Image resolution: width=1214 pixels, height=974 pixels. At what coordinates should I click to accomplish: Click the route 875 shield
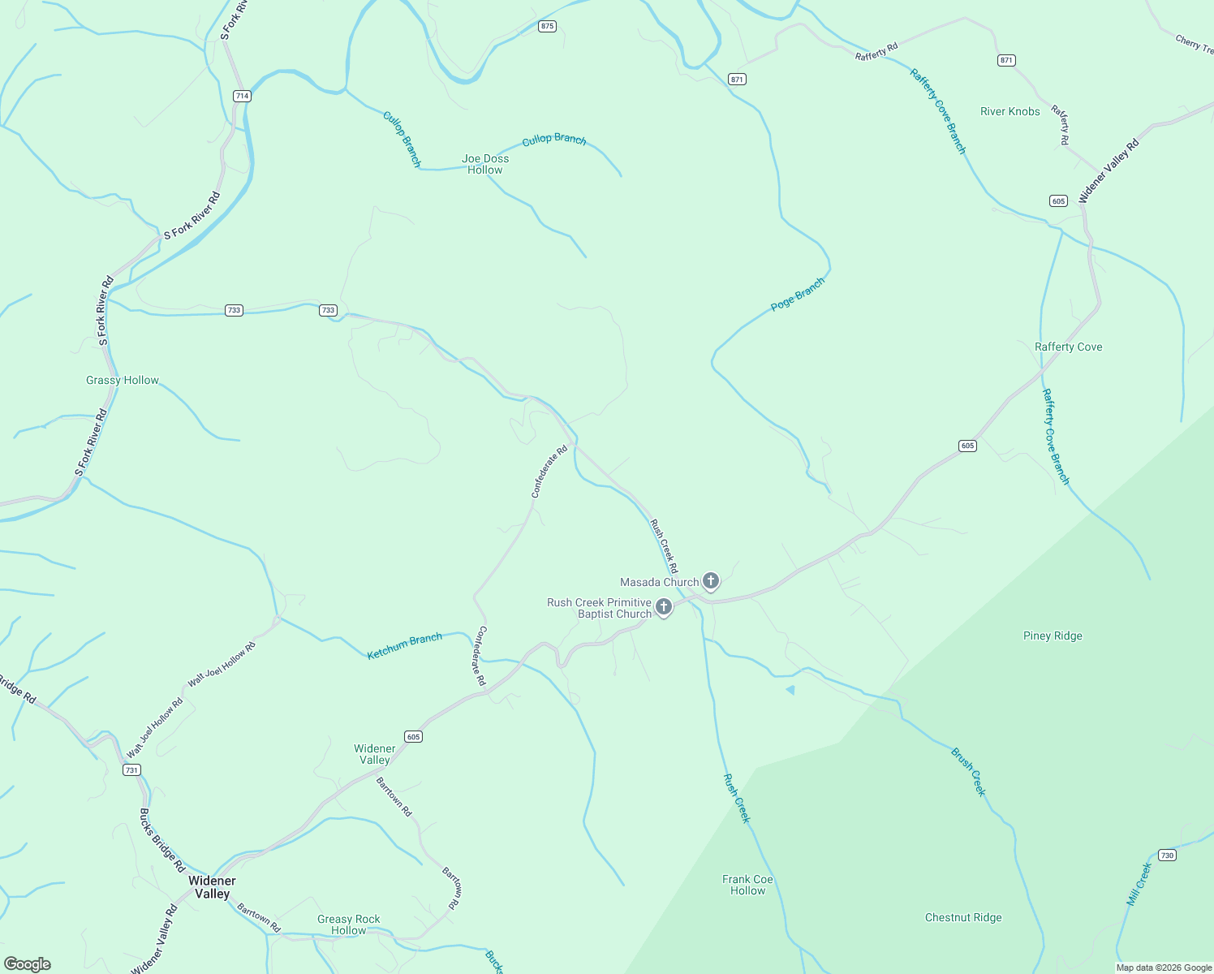[x=547, y=27]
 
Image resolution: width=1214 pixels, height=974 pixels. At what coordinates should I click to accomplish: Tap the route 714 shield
[x=242, y=96]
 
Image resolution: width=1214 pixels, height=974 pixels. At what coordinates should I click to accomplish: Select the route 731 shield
[x=131, y=769]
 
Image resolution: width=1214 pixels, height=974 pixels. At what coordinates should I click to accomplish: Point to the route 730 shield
[x=1167, y=855]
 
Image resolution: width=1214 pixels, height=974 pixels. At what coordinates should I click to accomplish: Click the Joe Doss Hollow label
[x=485, y=164]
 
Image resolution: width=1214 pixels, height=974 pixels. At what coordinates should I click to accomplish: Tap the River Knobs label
[x=1010, y=111]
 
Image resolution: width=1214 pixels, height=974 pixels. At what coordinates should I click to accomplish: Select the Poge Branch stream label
[x=797, y=294]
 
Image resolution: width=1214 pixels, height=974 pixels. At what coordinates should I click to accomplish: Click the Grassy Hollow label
[x=123, y=380]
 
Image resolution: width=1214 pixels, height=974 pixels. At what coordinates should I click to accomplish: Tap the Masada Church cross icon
[x=711, y=581]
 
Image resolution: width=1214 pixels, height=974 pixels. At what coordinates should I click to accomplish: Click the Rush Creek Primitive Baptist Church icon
[x=664, y=607]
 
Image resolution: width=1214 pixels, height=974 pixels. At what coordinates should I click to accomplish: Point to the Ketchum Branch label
[x=404, y=646]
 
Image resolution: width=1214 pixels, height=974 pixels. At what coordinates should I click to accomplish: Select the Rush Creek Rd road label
[x=664, y=546]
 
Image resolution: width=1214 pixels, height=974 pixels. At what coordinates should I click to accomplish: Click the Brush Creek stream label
[x=968, y=772]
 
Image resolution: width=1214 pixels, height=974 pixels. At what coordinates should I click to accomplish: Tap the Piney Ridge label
[x=1053, y=636]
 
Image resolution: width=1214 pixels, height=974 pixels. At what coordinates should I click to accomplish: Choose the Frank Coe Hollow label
[x=747, y=885]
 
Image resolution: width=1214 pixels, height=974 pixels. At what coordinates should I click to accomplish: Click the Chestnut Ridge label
[x=963, y=917]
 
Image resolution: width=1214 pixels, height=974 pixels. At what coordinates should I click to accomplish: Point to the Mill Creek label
[x=1139, y=884]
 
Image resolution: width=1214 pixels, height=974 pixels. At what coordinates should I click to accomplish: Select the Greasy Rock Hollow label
[x=349, y=924]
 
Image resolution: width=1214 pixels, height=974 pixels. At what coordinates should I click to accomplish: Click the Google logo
[x=28, y=964]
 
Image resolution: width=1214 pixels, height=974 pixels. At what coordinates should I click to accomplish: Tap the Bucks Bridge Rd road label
[x=161, y=840]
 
